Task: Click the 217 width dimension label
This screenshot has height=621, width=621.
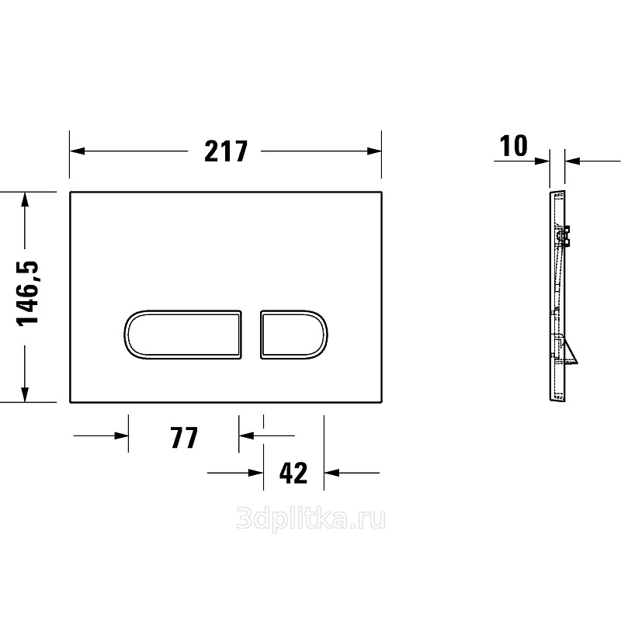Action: [226, 151]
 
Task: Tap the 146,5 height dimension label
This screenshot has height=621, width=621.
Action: [29, 293]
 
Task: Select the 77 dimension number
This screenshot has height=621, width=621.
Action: [184, 437]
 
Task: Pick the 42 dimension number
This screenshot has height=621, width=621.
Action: [293, 473]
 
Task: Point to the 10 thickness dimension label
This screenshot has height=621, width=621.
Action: [514, 146]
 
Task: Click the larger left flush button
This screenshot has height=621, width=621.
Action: [182, 335]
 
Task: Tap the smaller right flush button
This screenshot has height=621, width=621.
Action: [294, 335]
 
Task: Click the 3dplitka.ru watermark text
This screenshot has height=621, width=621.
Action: [310, 520]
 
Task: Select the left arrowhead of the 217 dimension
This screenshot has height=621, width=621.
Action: [78, 151]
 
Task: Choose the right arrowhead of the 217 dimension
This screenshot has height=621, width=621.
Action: [374, 151]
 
